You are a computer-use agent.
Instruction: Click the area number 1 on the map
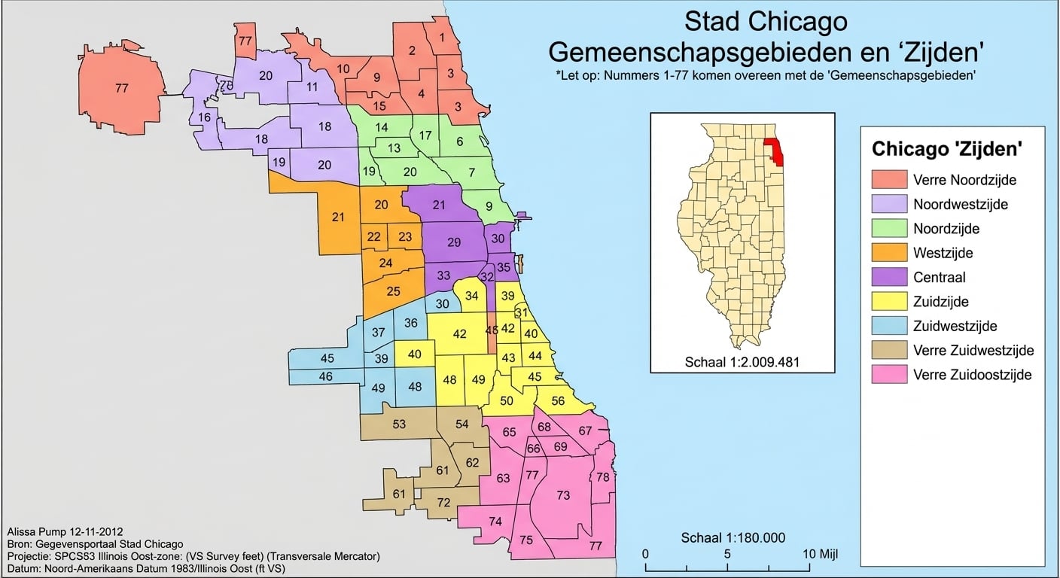point(441,37)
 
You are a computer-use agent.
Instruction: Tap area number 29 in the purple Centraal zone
point(453,242)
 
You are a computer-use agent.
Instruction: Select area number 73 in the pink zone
point(563,494)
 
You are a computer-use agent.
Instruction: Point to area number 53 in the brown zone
point(399,424)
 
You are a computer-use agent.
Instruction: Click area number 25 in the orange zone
point(393,291)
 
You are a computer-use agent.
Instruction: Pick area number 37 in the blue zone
point(379,333)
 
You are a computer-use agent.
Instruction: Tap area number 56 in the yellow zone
point(558,401)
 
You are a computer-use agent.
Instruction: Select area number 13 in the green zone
point(394,148)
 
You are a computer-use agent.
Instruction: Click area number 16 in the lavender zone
point(205,117)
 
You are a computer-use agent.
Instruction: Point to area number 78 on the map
point(602,477)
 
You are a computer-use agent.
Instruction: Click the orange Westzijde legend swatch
point(888,252)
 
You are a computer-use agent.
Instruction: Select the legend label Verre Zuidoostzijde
point(972,374)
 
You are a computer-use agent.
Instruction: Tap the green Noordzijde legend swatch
point(888,228)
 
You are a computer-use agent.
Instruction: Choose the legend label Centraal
point(939,277)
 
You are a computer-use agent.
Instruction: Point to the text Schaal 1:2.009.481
point(742,362)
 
